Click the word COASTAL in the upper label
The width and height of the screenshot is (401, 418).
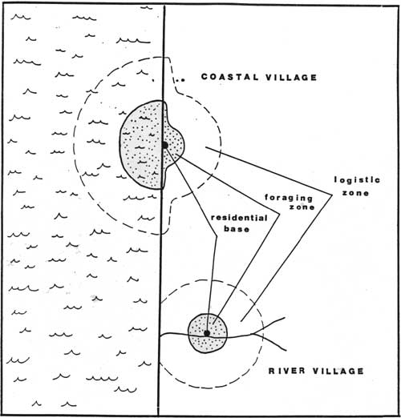(230, 77)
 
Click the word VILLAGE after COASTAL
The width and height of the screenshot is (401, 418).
(291, 78)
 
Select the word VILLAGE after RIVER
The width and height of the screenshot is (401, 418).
(338, 371)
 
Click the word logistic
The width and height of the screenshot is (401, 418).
(357, 180)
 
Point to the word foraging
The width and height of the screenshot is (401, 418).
(289, 198)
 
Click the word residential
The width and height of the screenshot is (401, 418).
(239, 218)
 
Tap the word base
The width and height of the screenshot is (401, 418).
(237, 229)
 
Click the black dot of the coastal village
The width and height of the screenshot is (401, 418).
(164, 145)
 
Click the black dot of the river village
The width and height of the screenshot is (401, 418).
(207, 333)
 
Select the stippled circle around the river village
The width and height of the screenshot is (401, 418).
(207, 333)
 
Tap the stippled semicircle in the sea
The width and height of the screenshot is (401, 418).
(141, 145)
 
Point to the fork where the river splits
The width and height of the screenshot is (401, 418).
(254, 333)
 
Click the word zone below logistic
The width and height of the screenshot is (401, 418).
(355, 193)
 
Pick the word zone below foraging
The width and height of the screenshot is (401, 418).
(302, 207)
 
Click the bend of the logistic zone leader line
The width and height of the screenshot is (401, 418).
(332, 195)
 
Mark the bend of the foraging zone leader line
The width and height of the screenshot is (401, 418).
(279, 214)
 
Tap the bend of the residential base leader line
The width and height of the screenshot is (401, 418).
(216, 236)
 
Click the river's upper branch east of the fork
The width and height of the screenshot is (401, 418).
(270, 324)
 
